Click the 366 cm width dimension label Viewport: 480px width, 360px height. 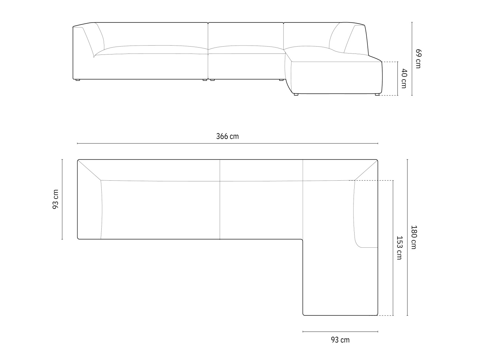click(x=227, y=136)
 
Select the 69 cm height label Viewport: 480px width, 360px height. click(x=418, y=58)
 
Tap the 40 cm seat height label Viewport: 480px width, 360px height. click(x=404, y=79)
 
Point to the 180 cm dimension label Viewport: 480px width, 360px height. click(x=414, y=237)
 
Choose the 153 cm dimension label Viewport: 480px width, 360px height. click(x=399, y=248)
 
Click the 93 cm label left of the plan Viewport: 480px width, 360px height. click(x=55, y=199)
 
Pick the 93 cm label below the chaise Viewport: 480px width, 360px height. click(x=340, y=340)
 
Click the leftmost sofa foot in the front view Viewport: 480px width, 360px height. click(x=78, y=80)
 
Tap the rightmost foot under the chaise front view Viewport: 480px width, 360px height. click(x=377, y=94)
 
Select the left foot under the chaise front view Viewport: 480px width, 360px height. click(x=296, y=94)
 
